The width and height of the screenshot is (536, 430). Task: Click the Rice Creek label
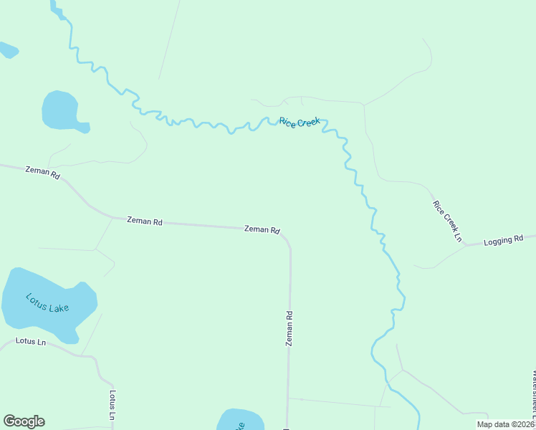(299, 123)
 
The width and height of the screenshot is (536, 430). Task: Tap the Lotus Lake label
(47, 302)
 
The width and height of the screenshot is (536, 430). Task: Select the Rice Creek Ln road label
(448, 221)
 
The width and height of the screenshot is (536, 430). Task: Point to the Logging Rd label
(504, 240)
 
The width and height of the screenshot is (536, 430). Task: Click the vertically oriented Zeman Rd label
(289, 328)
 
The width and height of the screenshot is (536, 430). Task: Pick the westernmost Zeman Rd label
(42, 173)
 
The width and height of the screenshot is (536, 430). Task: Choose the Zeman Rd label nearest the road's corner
(262, 229)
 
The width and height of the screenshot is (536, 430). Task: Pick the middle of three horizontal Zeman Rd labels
(144, 221)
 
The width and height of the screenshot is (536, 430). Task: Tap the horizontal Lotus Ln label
(31, 342)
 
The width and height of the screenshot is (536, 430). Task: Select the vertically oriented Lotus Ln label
(113, 406)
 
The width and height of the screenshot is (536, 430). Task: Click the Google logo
(24, 421)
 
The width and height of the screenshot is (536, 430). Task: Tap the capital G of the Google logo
(9, 421)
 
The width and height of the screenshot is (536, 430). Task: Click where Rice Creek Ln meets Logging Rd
(465, 245)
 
